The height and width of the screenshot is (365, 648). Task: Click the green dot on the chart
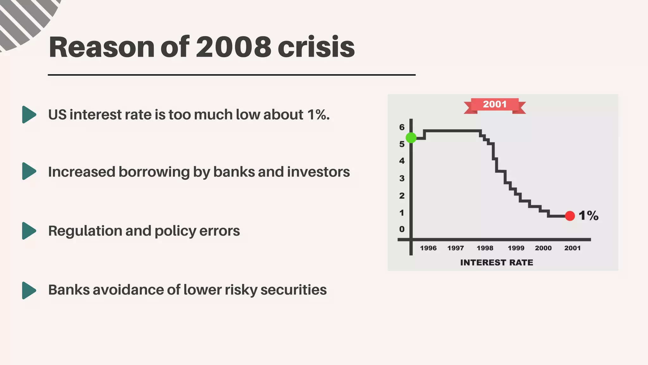tap(411, 138)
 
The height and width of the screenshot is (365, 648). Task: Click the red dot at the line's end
tap(570, 216)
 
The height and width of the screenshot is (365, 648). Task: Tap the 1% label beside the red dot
tap(589, 216)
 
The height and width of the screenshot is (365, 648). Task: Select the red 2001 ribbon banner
tap(495, 105)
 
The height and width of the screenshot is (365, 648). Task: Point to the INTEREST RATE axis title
tap(496, 262)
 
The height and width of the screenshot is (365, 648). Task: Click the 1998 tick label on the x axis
tap(485, 248)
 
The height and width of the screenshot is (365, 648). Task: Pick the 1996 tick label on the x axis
tap(428, 248)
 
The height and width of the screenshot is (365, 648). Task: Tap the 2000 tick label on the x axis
tap(543, 248)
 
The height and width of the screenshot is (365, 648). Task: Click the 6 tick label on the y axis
tap(402, 127)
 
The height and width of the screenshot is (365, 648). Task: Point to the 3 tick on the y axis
tap(402, 178)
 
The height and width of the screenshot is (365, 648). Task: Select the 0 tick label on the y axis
tap(402, 229)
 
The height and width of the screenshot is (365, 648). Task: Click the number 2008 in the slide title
tap(234, 47)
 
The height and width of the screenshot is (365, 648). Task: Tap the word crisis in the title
tap(316, 47)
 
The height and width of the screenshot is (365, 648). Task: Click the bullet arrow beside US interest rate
tap(29, 114)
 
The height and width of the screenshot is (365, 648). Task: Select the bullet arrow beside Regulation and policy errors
tap(29, 231)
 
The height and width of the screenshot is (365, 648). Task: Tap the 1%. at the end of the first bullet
tap(318, 115)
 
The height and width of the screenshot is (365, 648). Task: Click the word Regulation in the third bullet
tap(85, 231)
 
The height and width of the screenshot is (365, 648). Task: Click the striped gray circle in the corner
tap(22, 19)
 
